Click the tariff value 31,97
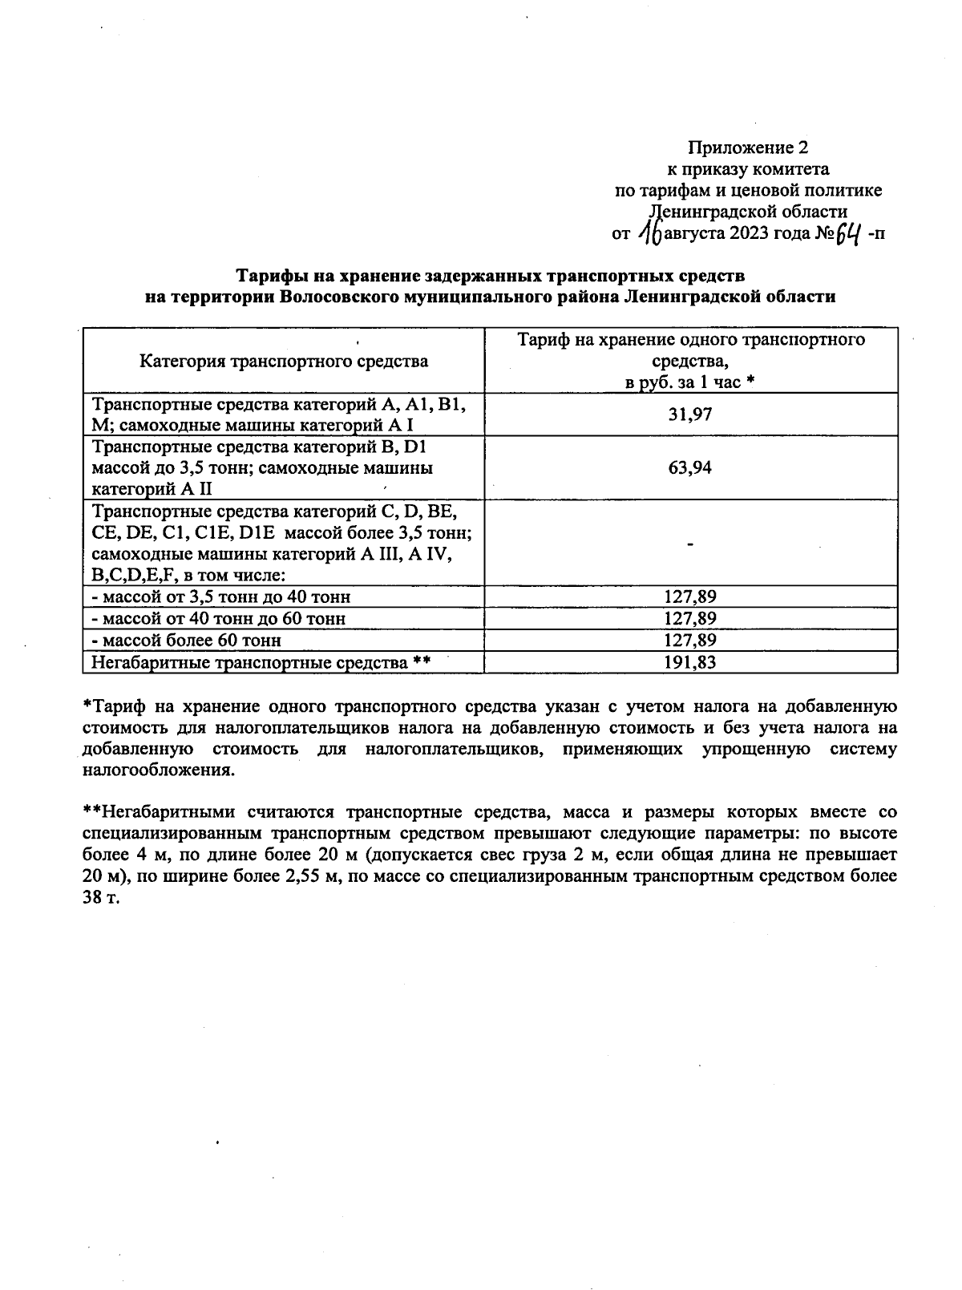coord(689,414)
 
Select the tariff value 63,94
coord(689,467)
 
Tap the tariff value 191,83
coord(689,662)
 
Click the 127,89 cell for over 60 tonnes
coord(689,641)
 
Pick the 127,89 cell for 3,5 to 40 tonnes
coord(689,596)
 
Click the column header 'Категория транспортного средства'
coord(284,361)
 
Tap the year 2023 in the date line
coord(750,234)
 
